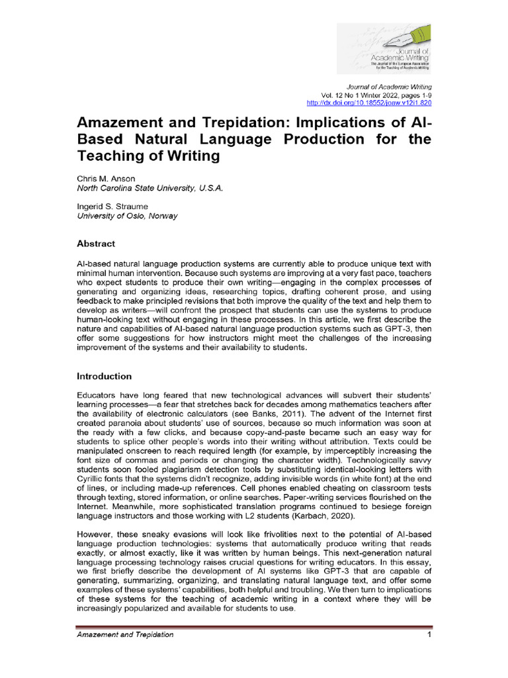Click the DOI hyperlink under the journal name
pos(370,104)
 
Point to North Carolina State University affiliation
pos(150,188)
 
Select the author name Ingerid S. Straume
pos(112,207)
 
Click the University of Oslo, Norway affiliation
pos(127,216)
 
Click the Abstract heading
pos(96,244)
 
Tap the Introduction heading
pos(105,376)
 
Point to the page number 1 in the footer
pos(429,635)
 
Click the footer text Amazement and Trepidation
pos(126,635)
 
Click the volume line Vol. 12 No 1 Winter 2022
pos(376,95)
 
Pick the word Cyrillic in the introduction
pos(92,471)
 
